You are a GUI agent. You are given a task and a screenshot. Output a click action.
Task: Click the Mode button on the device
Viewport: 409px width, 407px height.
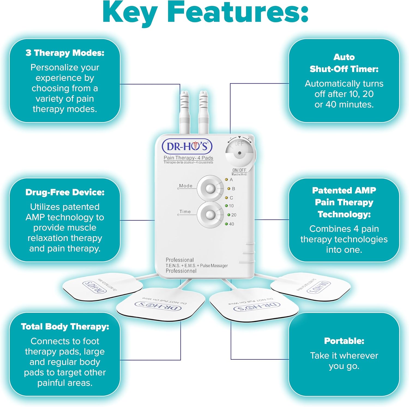210,188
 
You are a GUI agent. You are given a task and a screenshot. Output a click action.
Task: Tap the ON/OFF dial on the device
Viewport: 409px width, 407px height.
239,153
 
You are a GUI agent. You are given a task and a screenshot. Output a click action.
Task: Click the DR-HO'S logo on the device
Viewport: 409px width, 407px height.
187,146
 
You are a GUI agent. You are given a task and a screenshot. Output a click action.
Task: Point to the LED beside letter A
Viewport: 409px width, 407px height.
226,179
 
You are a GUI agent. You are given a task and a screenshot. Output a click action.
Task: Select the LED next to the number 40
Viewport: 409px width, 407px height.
226,224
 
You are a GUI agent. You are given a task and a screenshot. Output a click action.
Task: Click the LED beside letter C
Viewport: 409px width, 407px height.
226,198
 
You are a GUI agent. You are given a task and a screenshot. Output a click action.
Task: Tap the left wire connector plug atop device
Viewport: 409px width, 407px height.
185,112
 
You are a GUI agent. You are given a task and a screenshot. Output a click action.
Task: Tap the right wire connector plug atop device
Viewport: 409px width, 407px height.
203,112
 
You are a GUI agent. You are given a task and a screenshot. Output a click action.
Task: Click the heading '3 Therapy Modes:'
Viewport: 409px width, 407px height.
65,53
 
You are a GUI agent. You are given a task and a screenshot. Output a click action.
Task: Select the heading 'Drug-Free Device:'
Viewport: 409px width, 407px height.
65,192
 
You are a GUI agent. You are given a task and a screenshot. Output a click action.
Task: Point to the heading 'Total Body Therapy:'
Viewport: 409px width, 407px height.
65,327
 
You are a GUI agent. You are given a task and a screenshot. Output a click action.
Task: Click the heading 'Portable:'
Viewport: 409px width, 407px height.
344,341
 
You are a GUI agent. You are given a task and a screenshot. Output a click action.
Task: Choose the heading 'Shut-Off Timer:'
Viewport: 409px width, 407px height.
344,69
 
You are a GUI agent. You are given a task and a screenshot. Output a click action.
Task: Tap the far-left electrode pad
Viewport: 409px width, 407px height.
102,286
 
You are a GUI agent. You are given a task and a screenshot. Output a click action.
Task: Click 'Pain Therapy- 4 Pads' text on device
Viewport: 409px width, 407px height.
188,158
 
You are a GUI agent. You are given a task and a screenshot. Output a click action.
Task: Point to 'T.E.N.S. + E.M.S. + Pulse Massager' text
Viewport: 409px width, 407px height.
197,266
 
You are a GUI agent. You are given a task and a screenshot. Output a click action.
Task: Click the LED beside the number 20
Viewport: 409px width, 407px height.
229,215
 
